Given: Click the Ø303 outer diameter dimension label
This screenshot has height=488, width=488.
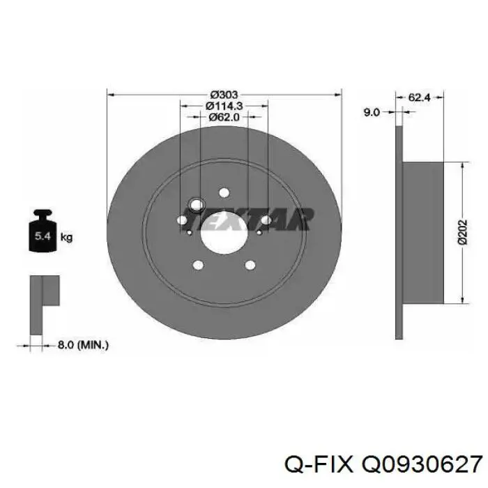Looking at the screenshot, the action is (224, 94).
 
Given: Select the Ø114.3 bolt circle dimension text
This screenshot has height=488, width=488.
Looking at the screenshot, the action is (224, 106).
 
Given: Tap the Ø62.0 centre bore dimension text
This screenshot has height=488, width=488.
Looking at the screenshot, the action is (224, 117).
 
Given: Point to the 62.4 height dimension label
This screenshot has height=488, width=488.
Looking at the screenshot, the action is (419, 98).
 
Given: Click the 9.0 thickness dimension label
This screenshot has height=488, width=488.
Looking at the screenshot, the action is (372, 112).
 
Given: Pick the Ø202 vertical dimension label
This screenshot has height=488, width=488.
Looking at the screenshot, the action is (463, 232).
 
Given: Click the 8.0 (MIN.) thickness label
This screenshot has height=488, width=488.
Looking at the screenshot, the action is (83, 345).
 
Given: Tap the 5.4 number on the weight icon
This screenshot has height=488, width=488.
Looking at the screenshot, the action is (43, 236).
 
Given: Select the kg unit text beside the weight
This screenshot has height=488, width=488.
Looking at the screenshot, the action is (66, 238).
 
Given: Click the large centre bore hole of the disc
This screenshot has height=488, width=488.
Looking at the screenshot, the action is (224, 233).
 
